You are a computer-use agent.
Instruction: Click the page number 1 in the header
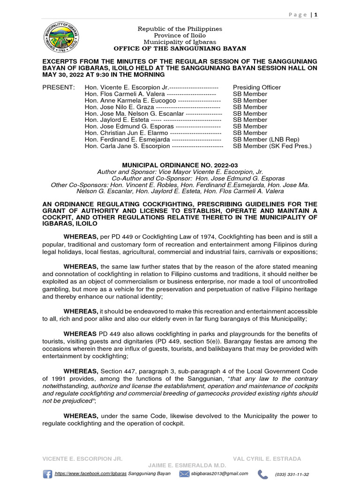316,15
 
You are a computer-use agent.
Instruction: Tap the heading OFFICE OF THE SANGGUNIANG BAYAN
180,49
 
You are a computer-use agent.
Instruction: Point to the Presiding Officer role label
257,88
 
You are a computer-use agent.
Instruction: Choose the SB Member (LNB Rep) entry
266,140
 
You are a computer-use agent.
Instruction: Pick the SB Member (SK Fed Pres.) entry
272,146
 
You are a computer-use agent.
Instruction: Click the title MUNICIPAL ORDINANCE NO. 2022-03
180,165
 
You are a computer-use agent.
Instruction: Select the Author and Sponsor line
180,172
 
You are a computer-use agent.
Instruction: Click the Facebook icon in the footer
47,474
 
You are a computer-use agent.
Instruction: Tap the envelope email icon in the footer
184,474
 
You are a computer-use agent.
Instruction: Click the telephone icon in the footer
263,474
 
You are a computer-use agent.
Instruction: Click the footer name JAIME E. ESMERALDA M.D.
187,465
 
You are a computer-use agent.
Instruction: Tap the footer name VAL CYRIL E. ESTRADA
267,458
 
